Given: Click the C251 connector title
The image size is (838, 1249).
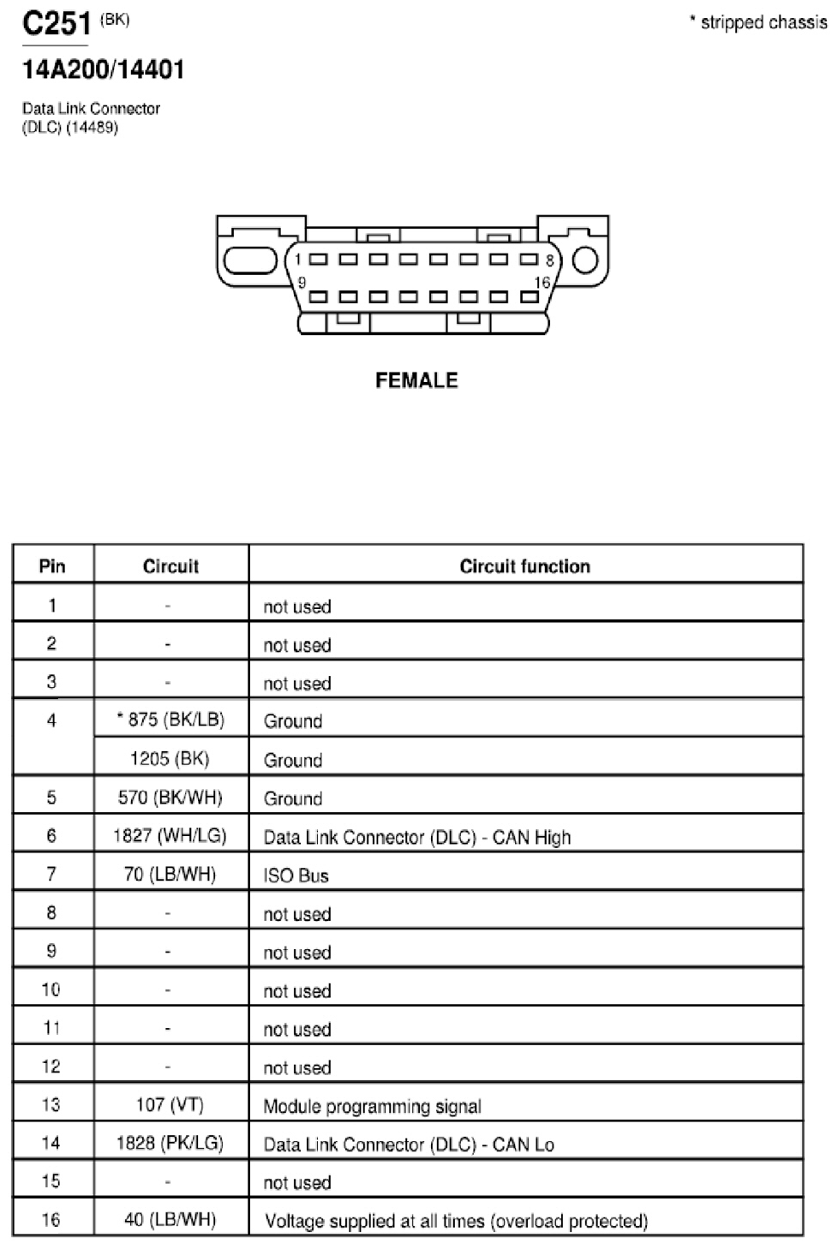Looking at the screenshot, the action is pos(57,23).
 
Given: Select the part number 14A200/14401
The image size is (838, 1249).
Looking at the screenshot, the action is pos(103,70).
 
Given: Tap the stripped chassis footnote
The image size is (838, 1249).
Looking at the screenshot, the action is pos(758,22).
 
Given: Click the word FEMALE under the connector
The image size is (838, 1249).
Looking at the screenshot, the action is pos(416,380).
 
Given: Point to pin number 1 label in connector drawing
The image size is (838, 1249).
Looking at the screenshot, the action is pos(297,260).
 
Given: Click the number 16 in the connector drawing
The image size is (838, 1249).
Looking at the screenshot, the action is pos(542,283).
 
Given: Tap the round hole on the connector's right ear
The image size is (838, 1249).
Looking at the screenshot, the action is pos(585,260).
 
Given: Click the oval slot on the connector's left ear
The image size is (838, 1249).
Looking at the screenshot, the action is pos(250,260).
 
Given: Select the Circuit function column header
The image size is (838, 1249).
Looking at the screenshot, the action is pos(524,566).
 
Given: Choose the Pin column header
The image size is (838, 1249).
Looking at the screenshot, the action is pos(52,566).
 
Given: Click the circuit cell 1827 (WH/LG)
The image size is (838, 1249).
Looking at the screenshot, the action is pos(170,836).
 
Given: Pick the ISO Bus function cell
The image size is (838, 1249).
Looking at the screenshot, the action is pos(296,875).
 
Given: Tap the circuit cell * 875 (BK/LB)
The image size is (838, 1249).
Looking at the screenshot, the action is pos(170,720).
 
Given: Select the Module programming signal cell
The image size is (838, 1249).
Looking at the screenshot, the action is pos(372,1106).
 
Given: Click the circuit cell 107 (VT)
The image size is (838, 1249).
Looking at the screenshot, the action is pos(170,1104).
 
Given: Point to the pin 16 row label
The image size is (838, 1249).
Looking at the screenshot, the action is pos(51,1220).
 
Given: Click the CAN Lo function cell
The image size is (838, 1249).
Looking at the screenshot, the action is pos(409,1144).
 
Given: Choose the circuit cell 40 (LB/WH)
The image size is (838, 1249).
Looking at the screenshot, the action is pos(170,1220).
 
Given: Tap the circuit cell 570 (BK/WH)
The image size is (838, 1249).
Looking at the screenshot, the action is pos(170,798).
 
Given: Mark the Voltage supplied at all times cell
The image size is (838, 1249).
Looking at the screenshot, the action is pos(456,1222).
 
